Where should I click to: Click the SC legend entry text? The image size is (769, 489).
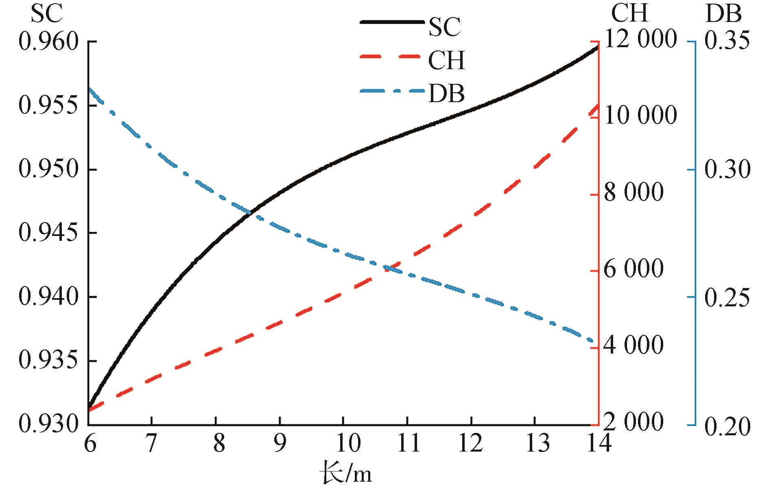point(445,27)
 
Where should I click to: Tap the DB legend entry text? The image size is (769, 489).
point(446,93)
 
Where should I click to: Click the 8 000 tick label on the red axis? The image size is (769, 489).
point(634,193)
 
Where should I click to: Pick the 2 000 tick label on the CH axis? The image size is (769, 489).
point(634,422)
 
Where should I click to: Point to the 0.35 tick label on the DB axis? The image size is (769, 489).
point(727,42)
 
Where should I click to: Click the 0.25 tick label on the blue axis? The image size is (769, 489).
point(727,297)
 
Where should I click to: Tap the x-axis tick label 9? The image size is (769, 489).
point(280,443)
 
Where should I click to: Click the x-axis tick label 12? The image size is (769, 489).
point(471,443)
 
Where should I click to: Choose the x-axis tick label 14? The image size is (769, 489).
point(598,443)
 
